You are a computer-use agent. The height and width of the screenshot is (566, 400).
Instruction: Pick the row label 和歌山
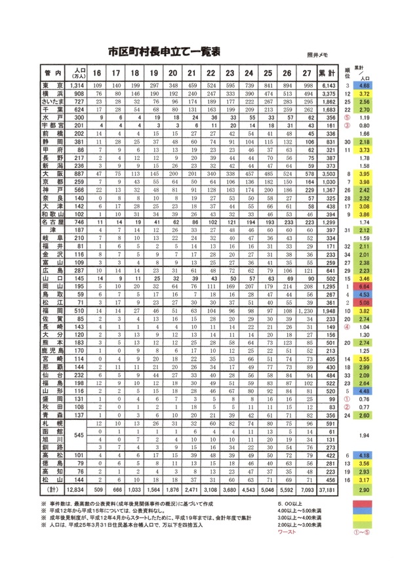click(x=52, y=214)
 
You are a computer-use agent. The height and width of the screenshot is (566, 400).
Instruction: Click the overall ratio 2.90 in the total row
click(x=366, y=489)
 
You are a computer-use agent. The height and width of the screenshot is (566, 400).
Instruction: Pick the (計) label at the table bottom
click(x=52, y=489)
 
